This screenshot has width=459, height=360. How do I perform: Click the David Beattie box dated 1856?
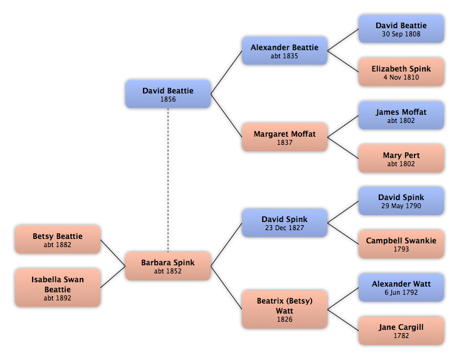[x=168, y=94]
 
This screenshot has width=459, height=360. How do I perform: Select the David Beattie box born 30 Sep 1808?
[x=401, y=29]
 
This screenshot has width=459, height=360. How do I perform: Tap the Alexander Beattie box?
[x=285, y=51]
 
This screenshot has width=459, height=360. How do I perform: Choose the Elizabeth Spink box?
[x=401, y=72]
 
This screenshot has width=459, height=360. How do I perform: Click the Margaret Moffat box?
[x=285, y=137]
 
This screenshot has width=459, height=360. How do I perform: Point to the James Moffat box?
[x=401, y=115]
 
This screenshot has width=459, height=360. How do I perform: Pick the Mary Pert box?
[x=401, y=158]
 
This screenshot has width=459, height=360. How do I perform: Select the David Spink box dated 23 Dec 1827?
[x=285, y=223]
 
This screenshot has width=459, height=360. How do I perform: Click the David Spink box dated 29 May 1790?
[x=401, y=201]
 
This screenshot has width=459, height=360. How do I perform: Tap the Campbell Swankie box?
[x=401, y=244]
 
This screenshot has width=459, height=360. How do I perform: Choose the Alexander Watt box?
[x=401, y=287]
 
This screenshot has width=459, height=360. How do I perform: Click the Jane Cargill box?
[x=401, y=331]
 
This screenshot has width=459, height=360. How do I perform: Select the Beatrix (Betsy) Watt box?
[x=285, y=309]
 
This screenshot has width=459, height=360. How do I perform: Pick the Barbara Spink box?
[x=168, y=266]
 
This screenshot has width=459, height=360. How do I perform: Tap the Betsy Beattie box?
[x=58, y=240]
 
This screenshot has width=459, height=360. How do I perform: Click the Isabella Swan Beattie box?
[x=58, y=288]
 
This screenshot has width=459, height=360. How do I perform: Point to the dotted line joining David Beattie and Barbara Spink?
[x=168, y=180]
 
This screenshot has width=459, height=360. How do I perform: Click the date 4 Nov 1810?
[x=401, y=77]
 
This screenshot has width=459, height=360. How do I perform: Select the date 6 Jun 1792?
[x=401, y=292]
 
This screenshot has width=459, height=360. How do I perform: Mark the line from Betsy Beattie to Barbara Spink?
[x=113, y=253]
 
